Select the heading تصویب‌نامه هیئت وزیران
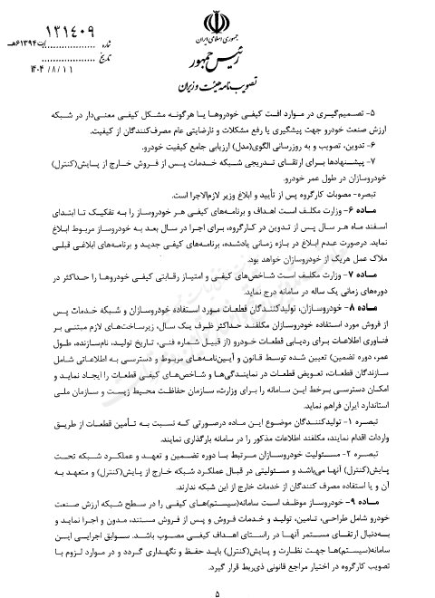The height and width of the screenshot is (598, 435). point(218,89)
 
